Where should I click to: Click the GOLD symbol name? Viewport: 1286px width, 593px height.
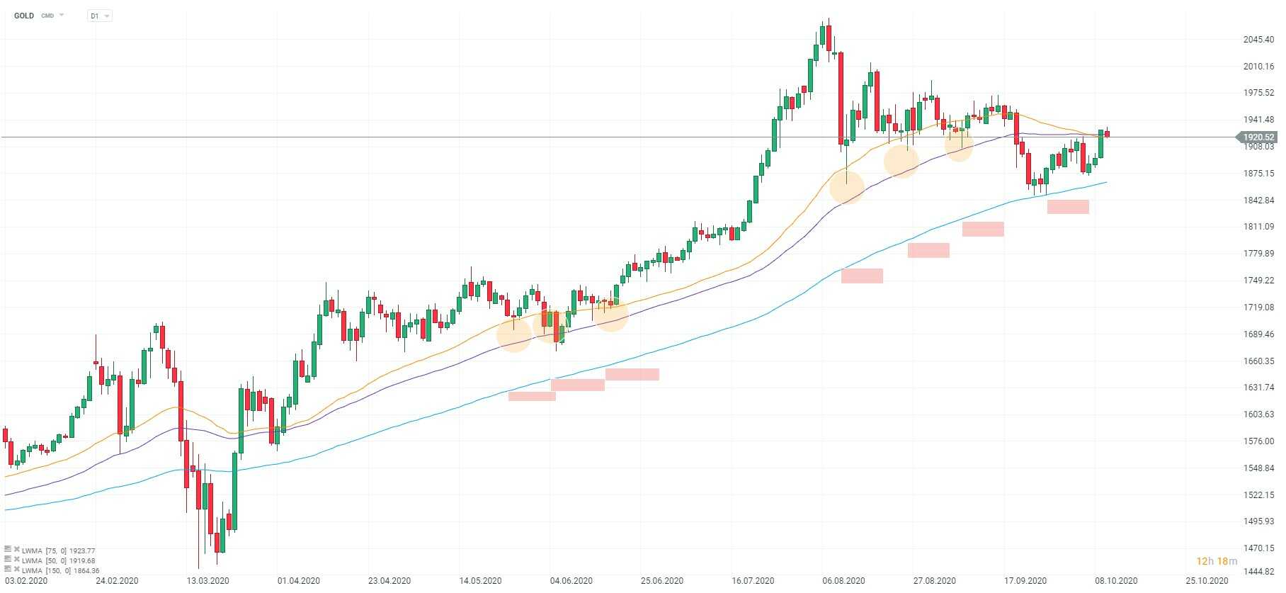[x=24, y=16]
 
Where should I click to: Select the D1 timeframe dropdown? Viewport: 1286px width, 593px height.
[x=99, y=16]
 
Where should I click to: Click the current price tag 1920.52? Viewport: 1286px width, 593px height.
[x=1258, y=137]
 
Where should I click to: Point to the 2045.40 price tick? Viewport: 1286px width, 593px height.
[x=1258, y=40]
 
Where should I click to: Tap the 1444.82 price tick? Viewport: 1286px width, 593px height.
[x=1258, y=571]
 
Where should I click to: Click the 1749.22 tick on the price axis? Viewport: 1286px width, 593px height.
[x=1258, y=281]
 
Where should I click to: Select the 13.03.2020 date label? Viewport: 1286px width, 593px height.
[x=207, y=581]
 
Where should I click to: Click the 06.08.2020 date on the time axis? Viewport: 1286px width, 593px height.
[x=844, y=581]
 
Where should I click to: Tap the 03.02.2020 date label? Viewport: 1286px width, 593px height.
[x=26, y=581]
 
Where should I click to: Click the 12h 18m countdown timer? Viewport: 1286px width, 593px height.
[x=1217, y=561]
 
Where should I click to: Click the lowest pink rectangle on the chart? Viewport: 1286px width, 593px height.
[x=532, y=396]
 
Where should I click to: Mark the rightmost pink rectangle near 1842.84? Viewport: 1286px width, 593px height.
[x=1068, y=206]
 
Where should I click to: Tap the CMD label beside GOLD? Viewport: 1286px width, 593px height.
[x=47, y=16]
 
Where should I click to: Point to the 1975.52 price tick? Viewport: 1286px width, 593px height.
[x=1258, y=93]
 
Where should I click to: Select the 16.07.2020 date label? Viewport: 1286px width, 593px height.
[x=753, y=581]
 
